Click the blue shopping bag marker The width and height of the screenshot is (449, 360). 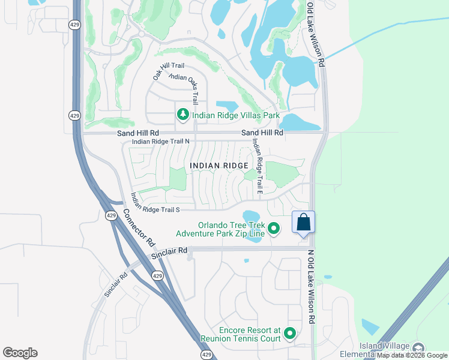[303, 222]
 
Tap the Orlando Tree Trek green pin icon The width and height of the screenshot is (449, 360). [274, 228]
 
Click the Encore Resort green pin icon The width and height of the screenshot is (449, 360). [291, 334]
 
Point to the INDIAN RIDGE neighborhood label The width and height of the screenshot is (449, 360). [219, 166]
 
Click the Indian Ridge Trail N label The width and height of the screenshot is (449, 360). [160, 142]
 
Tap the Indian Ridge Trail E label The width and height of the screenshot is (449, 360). [257, 167]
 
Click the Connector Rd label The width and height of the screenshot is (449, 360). [139, 229]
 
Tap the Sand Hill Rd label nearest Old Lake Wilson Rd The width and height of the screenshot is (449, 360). [262, 133]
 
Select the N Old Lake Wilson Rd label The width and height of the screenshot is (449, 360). [311, 287]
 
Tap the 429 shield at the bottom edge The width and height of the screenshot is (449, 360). [206, 355]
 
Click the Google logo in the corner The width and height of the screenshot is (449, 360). [20, 353]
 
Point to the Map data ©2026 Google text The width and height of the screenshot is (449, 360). [412, 356]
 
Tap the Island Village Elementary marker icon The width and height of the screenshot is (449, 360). [418, 347]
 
